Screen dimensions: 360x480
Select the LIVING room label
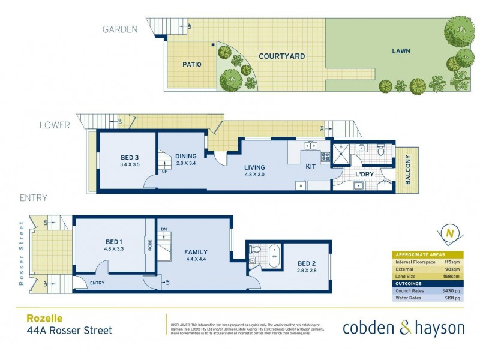(254, 167)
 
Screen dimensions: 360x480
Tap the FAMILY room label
(196, 252)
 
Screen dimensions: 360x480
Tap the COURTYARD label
(281, 56)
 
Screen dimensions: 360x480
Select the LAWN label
(400, 51)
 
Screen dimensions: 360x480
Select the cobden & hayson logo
(403, 328)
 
